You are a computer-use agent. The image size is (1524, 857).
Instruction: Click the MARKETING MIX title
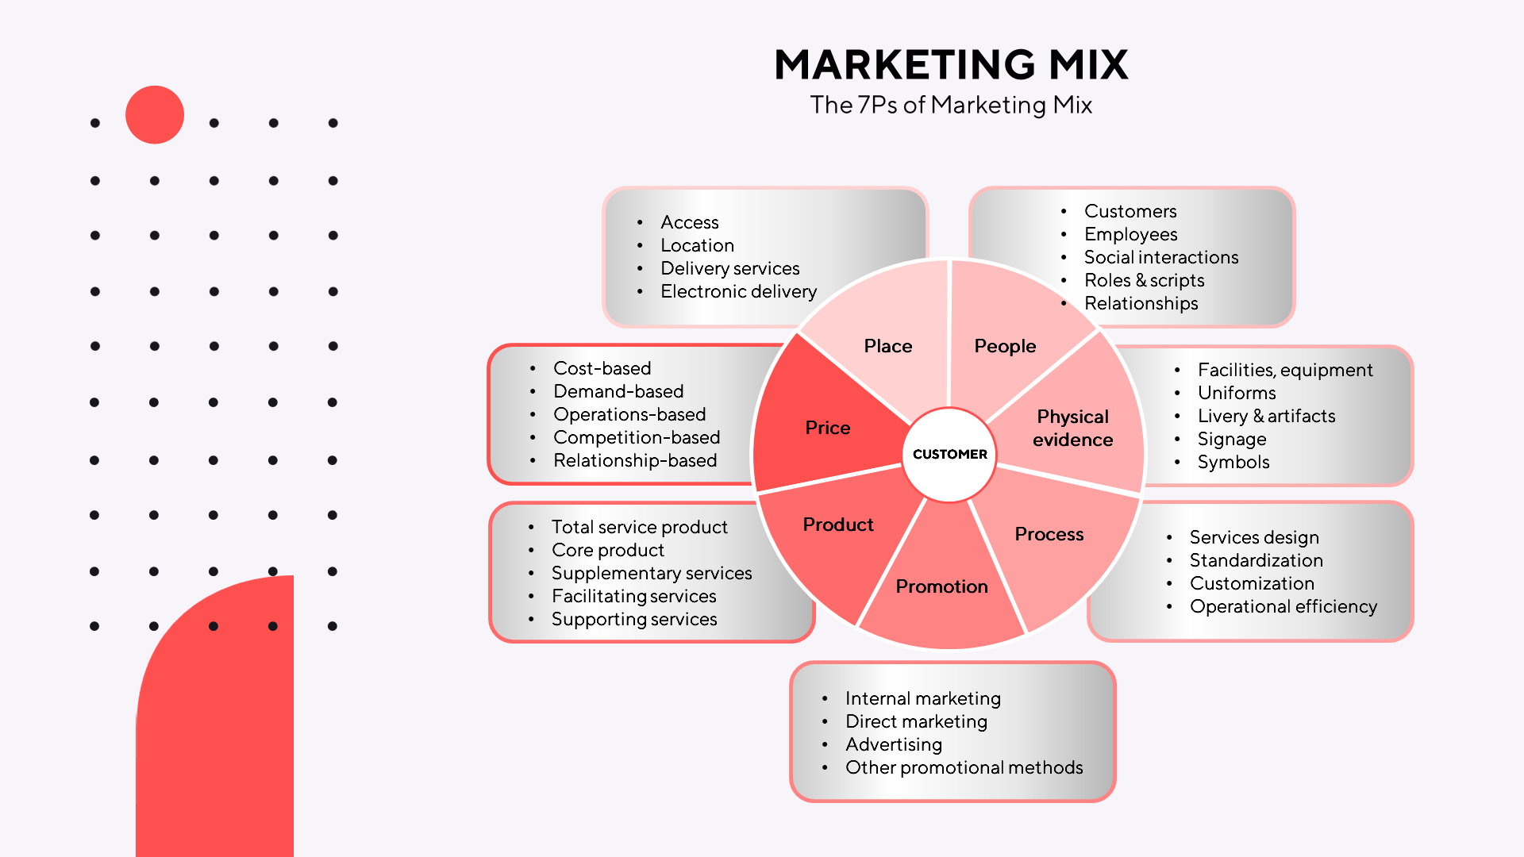click(x=950, y=65)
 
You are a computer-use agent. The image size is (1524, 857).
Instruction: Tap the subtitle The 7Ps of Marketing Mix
click(x=950, y=105)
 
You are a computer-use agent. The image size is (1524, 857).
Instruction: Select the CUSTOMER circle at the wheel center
click(x=949, y=454)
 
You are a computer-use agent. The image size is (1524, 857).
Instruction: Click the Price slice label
click(x=827, y=428)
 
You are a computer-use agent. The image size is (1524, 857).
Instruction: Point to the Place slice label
click(x=887, y=346)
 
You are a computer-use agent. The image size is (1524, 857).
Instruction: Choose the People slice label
click(x=1005, y=346)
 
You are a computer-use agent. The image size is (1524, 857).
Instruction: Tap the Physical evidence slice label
click(x=1072, y=428)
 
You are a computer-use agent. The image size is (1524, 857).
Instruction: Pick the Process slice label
click(x=1049, y=534)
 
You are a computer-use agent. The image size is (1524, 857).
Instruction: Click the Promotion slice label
click(x=941, y=586)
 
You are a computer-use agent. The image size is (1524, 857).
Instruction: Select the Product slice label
click(x=837, y=525)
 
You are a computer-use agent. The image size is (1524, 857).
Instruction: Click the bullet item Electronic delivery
click(x=738, y=291)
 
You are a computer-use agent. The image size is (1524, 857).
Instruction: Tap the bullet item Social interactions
click(x=1160, y=257)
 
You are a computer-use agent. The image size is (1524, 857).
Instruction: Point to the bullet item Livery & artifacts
click(x=1266, y=416)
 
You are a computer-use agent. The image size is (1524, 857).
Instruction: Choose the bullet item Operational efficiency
click(x=1283, y=606)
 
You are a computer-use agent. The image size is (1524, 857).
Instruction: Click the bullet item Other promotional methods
click(x=964, y=767)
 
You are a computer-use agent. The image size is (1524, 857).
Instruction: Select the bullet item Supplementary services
click(x=651, y=573)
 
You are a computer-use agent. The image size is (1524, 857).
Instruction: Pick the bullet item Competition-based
click(x=637, y=437)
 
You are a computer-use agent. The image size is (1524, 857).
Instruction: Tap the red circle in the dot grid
click(x=155, y=115)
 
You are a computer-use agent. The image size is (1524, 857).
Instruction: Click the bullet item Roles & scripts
click(x=1144, y=280)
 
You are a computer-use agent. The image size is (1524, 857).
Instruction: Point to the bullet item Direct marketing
click(x=916, y=721)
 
